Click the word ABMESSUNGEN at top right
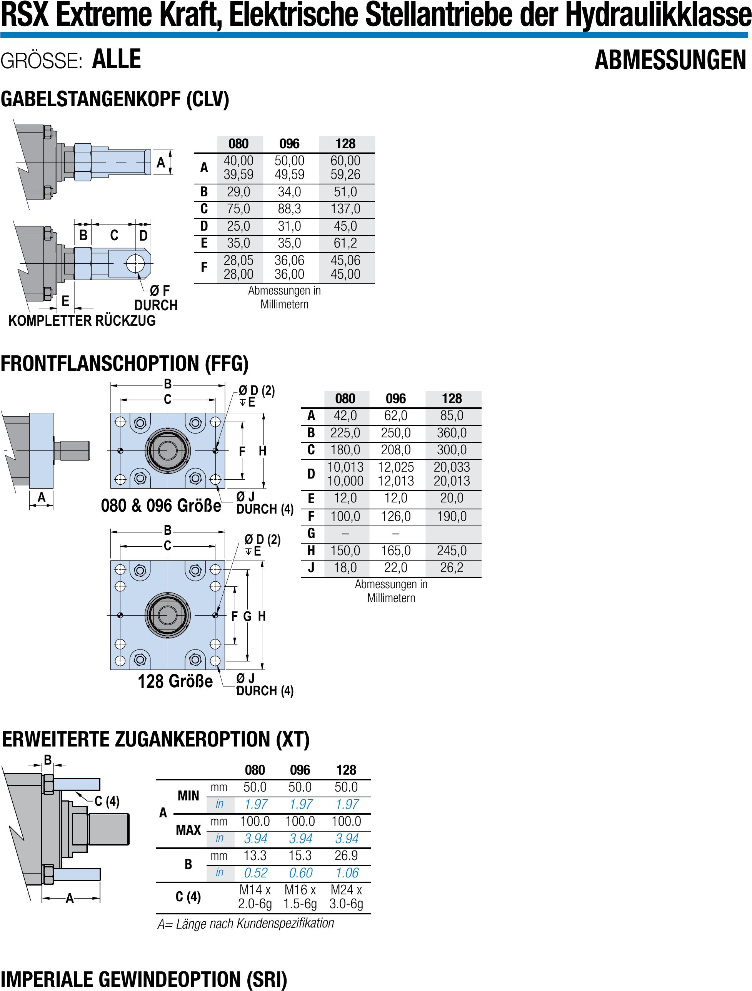[x=670, y=60]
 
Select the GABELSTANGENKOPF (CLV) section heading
[x=115, y=99]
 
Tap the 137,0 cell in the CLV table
[x=345, y=209]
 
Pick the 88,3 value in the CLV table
[x=289, y=209]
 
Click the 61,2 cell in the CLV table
[x=345, y=243]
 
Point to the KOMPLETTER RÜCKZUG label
[x=82, y=321]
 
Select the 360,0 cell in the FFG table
[x=451, y=433]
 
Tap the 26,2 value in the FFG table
[x=451, y=567]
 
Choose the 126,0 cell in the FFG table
[x=396, y=516]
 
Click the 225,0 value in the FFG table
[x=345, y=433]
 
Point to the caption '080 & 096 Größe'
[x=161, y=506]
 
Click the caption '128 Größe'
[x=175, y=681]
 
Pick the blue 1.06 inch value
[x=347, y=873]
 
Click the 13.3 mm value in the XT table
[x=255, y=856]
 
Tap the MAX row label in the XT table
[x=188, y=830]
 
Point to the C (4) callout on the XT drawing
[x=107, y=801]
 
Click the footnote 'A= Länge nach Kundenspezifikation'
[x=246, y=924]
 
